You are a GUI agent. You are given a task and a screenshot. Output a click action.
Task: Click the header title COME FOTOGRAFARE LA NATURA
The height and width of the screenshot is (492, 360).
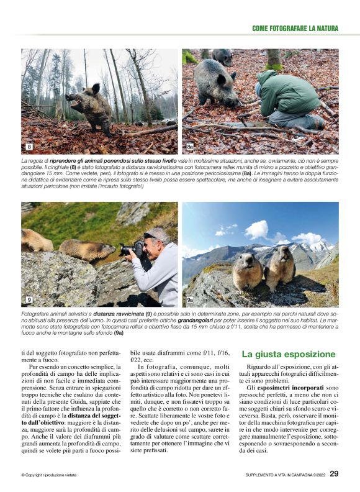click(x=295, y=29)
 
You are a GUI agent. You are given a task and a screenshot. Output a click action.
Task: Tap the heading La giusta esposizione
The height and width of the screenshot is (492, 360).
click(x=288, y=355)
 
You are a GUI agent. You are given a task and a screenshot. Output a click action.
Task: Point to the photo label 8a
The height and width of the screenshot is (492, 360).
click(x=190, y=147)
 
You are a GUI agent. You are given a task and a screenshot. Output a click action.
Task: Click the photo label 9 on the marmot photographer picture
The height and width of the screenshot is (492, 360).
click(x=29, y=300)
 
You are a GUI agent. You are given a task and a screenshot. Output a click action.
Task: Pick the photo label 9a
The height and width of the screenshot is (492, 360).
click(x=190, y=300)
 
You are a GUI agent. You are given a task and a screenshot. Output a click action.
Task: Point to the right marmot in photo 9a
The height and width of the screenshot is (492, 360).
click(x=281, y=266)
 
